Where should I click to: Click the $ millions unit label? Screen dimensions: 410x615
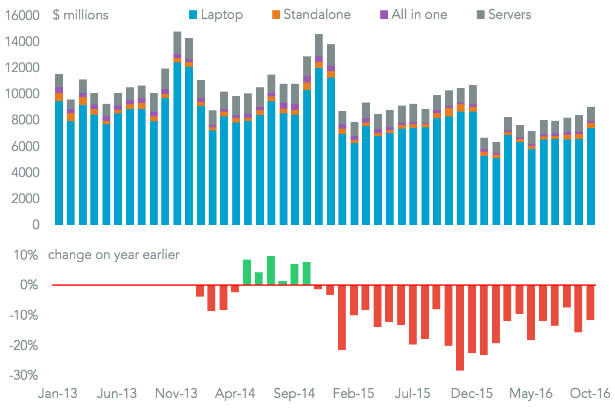pyautogui.click(x=81, y=15)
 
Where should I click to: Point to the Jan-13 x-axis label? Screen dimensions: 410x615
pyautogui.click(x=58, y=393)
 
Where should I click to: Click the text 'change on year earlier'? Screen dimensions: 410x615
pyautogui.click(x=113, y=255)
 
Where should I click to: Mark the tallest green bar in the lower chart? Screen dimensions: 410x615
pyautogui.click(x=271, y=271)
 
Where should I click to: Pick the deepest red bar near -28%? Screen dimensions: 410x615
pyautogui.click(x=460, y=328)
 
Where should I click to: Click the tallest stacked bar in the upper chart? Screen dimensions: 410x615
pyautogui.click(x=177, y=127)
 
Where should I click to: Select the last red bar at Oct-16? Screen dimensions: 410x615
pyautogui.click(x=590, y=302)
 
